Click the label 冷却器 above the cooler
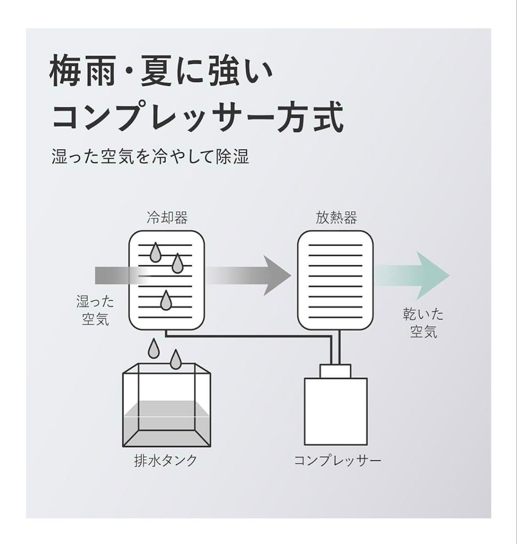pyautogui.click(x=167, y=218)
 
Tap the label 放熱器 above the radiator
pyautogui.click(x=336, y=218)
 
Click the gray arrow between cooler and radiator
pyautogui.click(x=252, y=276)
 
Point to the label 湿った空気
pyautogui.click(x=95, y=310)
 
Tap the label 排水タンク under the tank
pyautogui.click(x=166, y=461)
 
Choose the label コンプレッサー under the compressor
pyautogui.click(x=338, y=461)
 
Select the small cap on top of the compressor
pyautogui.click(x=336, y=371)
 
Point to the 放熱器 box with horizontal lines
pyautogui.click(x=336, y=280)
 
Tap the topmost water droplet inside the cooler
pyautogui.click(x=156, y=253)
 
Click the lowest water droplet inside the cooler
pyautogui.click(x=166, y=301)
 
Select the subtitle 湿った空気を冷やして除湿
pyautogui.click(x=150, y=157)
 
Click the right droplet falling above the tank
pyautogui.click(x=175, y=359)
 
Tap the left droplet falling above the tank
pyautogui.click(x=154, y=349)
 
